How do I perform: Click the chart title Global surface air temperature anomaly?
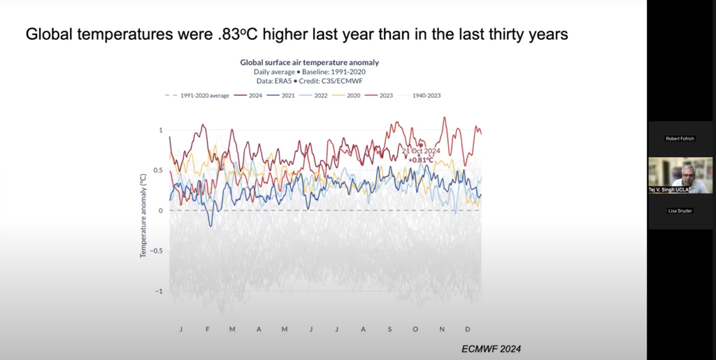310,62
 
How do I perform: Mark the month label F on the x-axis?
208,329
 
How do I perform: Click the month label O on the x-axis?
415,329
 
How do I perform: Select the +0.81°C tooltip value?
420,160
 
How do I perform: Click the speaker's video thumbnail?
680,175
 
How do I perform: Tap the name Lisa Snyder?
680,210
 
